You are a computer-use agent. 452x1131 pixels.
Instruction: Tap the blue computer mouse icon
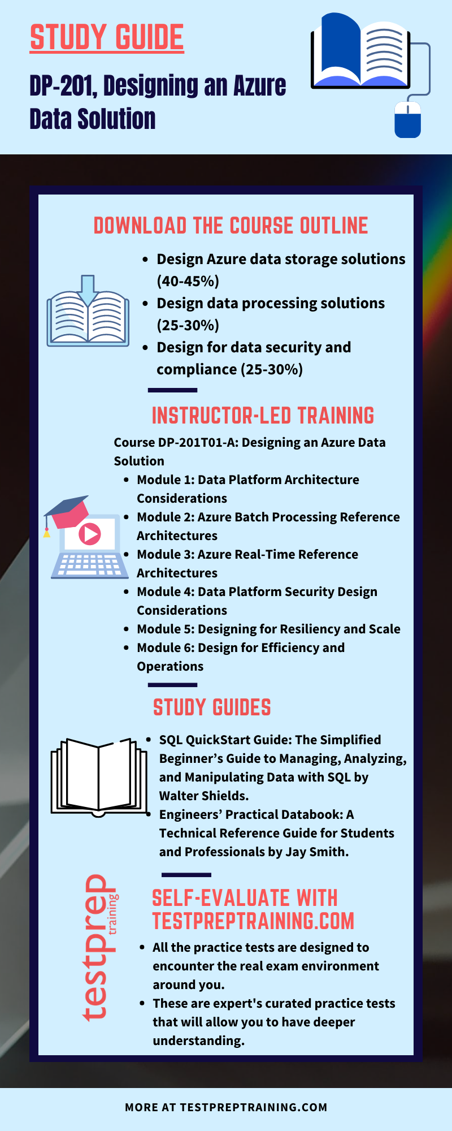coord(407,119)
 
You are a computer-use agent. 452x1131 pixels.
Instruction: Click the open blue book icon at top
coord(360,52)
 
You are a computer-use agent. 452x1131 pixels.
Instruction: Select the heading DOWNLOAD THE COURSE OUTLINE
coord(231,226)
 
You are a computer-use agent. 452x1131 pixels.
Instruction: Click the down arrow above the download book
coord(88,289)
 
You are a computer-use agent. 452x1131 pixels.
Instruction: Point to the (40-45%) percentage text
coord(188,281)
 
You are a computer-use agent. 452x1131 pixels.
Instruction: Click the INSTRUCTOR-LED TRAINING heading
coord(263,416)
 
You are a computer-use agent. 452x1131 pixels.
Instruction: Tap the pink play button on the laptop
coord(89,533)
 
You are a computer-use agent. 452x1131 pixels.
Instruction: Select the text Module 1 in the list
coord(165,480)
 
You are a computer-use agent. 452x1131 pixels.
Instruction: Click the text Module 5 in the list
coord(165,629)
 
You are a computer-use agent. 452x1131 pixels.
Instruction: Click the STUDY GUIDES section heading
coord(212,707)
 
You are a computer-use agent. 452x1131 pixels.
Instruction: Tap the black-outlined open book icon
coord(99,776)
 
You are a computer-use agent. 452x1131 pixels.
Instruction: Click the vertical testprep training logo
coord(99,947)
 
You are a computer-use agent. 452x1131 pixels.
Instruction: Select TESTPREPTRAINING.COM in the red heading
coord(253,921)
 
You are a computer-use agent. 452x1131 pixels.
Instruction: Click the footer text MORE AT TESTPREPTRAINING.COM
coord(226,1107)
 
